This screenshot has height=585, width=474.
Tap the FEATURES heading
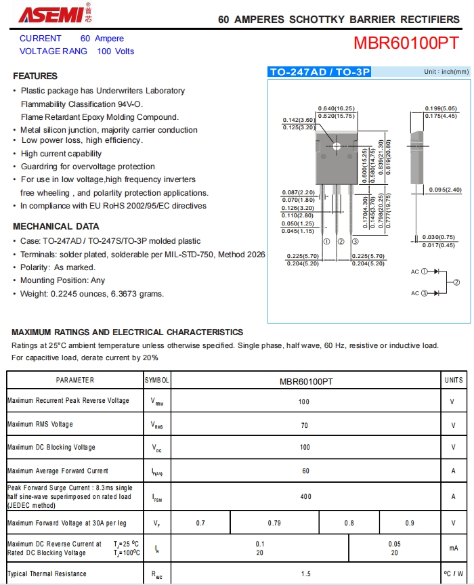point(35,76)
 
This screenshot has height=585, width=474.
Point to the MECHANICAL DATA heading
point(56,226)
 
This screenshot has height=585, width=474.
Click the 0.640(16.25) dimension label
point(336,108)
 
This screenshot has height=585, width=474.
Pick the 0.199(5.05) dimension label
point(441,108)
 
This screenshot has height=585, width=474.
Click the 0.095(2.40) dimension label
point(446,190)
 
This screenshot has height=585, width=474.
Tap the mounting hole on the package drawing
point(337,146)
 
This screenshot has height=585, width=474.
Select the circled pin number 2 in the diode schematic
point(456,282)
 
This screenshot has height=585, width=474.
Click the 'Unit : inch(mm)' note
point(446,72)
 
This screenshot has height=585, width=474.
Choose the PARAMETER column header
point(75,381)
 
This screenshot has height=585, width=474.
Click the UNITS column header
point(454,381)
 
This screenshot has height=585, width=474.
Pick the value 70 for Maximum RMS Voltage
point(304,425)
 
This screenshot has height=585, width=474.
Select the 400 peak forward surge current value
point(305,497)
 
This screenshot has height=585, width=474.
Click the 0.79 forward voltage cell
point(274,523)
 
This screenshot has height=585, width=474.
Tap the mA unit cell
point(453,548)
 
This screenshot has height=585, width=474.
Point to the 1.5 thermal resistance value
point(305,573)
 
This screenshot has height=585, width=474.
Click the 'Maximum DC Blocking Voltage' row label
point(51,447)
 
